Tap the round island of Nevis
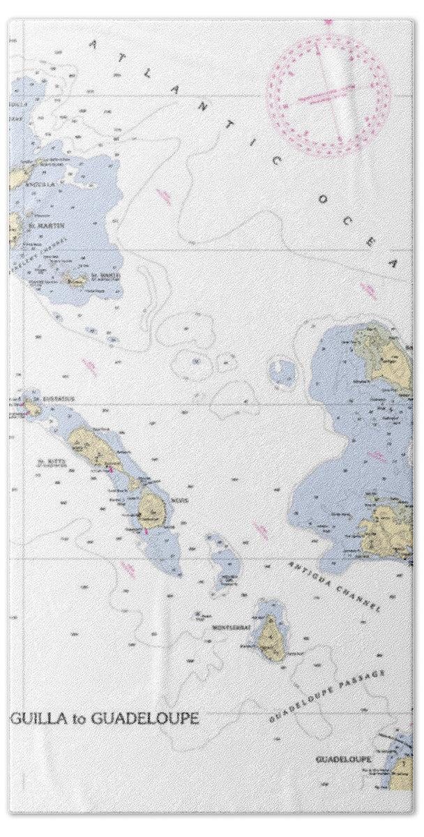[151, 510]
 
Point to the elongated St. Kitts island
[94, 449]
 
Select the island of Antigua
[388, 529]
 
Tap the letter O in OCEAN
[322, 199]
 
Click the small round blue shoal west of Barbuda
[282, 371]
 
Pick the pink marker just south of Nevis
[146, 531]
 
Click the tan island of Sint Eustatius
[32, 407]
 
